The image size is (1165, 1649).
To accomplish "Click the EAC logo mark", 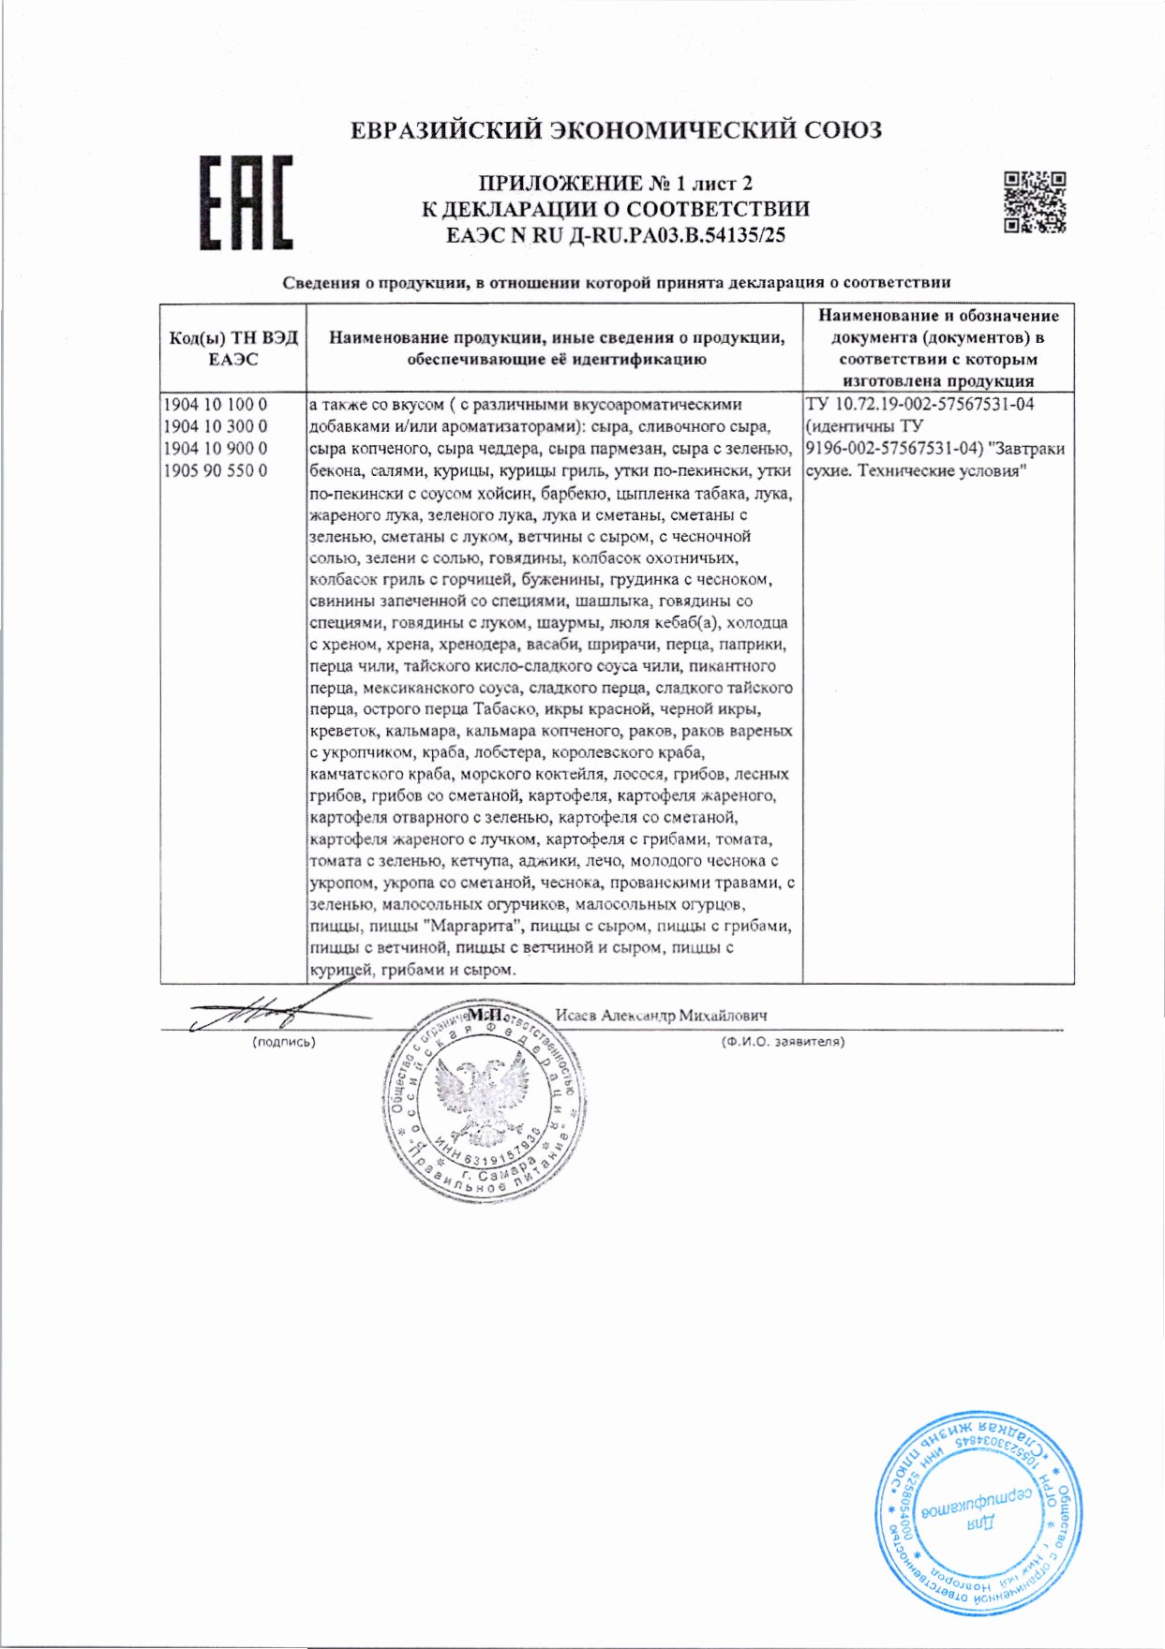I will click(246, 202).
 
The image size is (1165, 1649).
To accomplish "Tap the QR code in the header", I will click(1035, 201).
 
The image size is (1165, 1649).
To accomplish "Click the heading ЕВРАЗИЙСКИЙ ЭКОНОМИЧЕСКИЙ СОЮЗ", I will click(616, 129).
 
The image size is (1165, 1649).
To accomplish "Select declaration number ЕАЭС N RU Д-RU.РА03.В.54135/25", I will click(616, 235).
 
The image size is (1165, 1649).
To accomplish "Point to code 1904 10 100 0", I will click(216, 405).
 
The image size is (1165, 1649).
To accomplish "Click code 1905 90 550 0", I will click(216, 470).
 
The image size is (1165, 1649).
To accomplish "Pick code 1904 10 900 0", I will click(216, 449).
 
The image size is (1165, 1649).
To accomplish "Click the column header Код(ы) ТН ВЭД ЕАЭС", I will click(233, 349).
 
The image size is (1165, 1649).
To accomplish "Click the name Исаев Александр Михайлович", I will click(662, 1016).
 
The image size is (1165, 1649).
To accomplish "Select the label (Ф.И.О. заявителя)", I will click(783, 1041).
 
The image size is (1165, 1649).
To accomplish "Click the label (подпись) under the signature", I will click(284, 1041).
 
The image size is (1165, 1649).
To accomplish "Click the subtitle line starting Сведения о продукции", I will click(617, 282).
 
